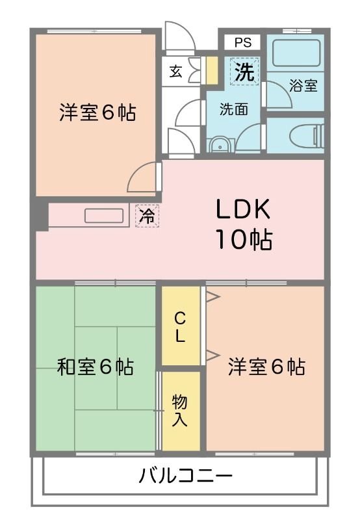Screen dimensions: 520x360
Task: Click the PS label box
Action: click(x=242, y=43)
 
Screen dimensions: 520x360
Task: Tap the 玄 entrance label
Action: click(x=176, y=71)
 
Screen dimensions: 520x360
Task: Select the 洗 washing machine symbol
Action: click(x=244, y=71)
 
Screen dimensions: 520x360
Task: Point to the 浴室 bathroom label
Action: click(x=303, y=85)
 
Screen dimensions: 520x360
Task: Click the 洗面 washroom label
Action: click(x=233, y=109)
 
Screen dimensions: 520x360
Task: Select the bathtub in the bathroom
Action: click(x=296, y=53)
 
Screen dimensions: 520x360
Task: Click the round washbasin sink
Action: click(x=220, y=145)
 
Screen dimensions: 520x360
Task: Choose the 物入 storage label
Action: click(x=180, y=410)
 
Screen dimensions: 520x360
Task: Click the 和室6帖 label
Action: click(x=96, y=367)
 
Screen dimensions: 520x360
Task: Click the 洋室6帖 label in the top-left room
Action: click(x=97, y=112)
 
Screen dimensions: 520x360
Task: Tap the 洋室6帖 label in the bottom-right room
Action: click(x=266, y=367)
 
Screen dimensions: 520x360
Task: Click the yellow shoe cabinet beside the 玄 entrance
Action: click(x=211, y=71)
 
